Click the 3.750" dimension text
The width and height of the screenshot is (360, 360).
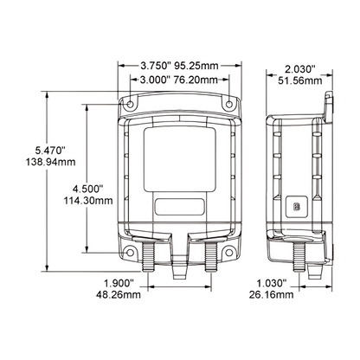(156, 64)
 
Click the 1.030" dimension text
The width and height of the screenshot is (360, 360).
(276, 284)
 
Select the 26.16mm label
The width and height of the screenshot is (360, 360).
(276, 297)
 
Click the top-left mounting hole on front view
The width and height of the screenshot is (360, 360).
(129, 105)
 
